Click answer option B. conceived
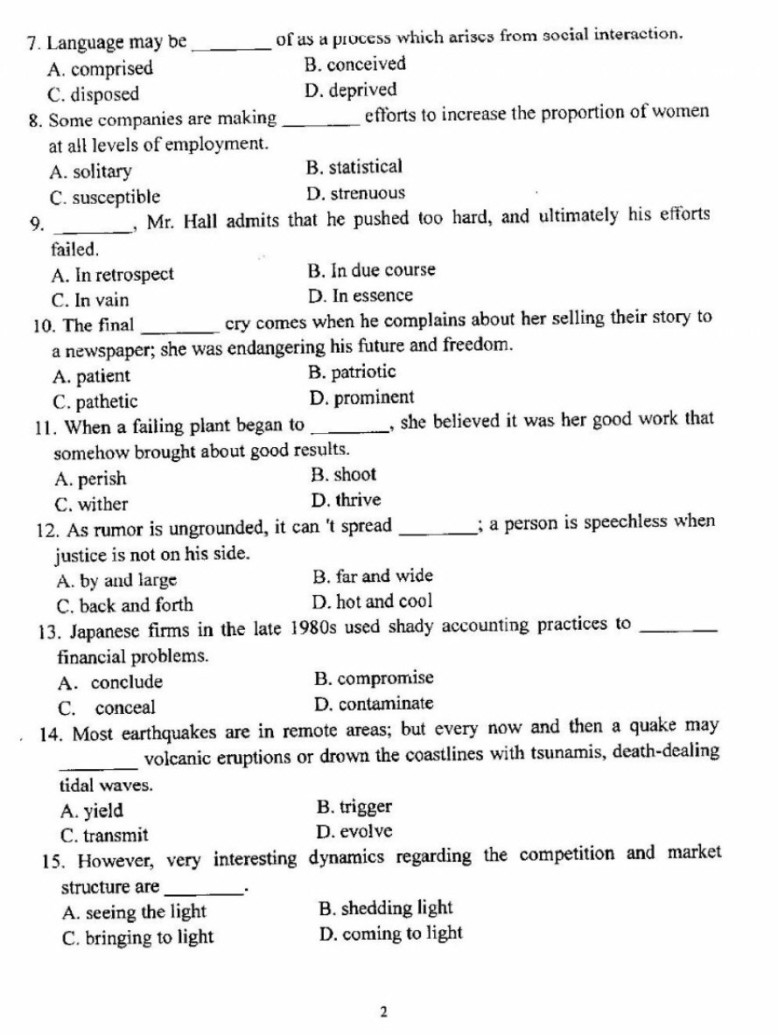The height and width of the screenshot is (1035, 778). click(x=354, y=64)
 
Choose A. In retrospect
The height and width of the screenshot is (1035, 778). click(x=113, y=275)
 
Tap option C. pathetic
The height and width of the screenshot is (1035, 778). click(x=95, y=402)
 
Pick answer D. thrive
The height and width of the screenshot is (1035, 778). click(x=346, y=500)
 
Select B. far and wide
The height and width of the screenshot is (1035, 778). click(x=372, y=577)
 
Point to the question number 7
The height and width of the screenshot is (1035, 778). click(x=34, y=42)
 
